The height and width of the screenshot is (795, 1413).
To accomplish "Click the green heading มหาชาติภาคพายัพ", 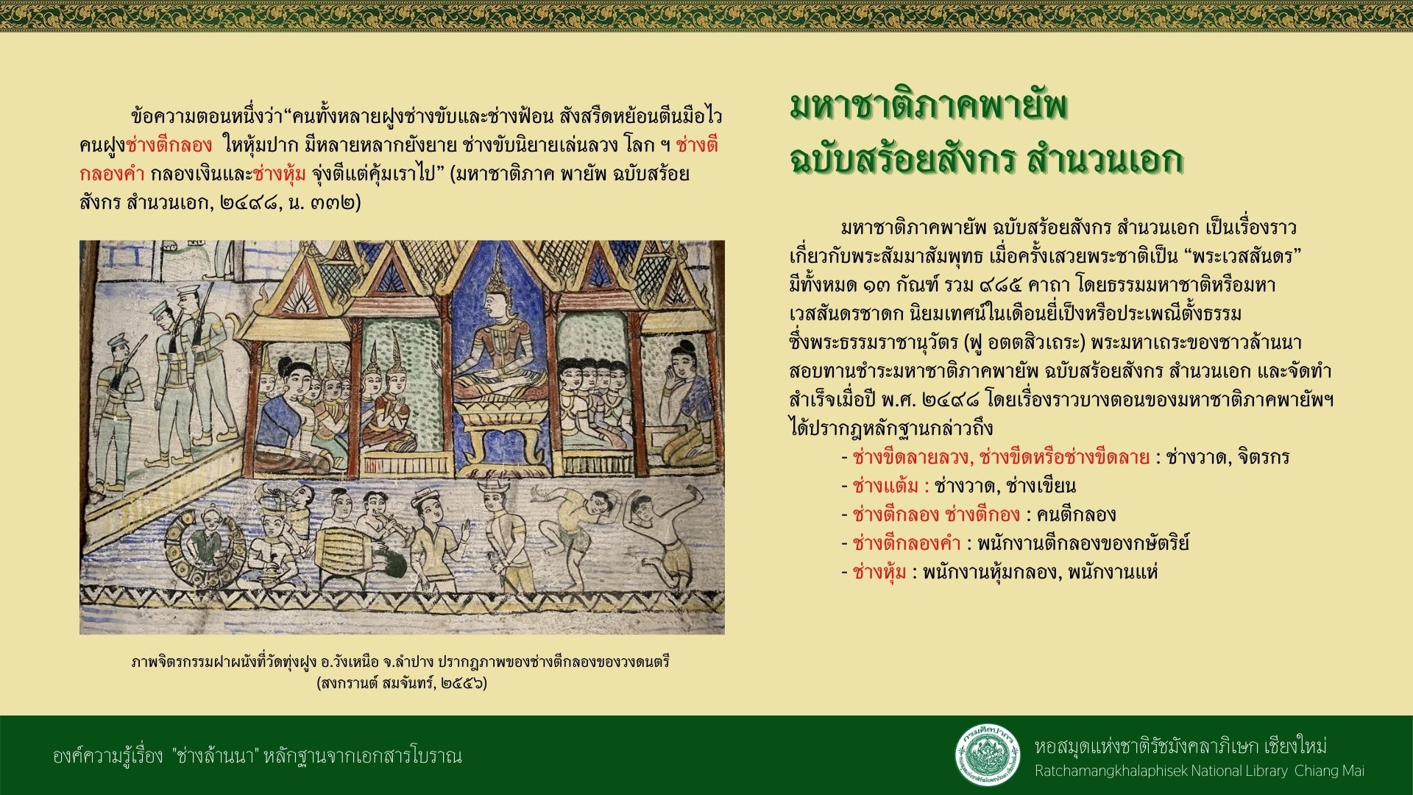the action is click(x=929, y=107).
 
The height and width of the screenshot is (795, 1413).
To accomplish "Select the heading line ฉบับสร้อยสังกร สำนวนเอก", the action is click(x=985, y=158).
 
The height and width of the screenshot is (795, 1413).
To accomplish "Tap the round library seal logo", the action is click(x=988, y=755).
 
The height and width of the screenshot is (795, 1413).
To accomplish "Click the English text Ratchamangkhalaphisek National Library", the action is click(x=1161, y=771).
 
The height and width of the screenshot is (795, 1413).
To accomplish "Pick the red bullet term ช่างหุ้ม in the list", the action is click(x=879, y=572).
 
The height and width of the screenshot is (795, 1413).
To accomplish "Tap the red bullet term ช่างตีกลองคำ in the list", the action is click(x=907, y=543).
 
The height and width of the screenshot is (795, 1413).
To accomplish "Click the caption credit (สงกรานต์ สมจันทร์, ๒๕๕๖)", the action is click(x=402, y=683).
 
